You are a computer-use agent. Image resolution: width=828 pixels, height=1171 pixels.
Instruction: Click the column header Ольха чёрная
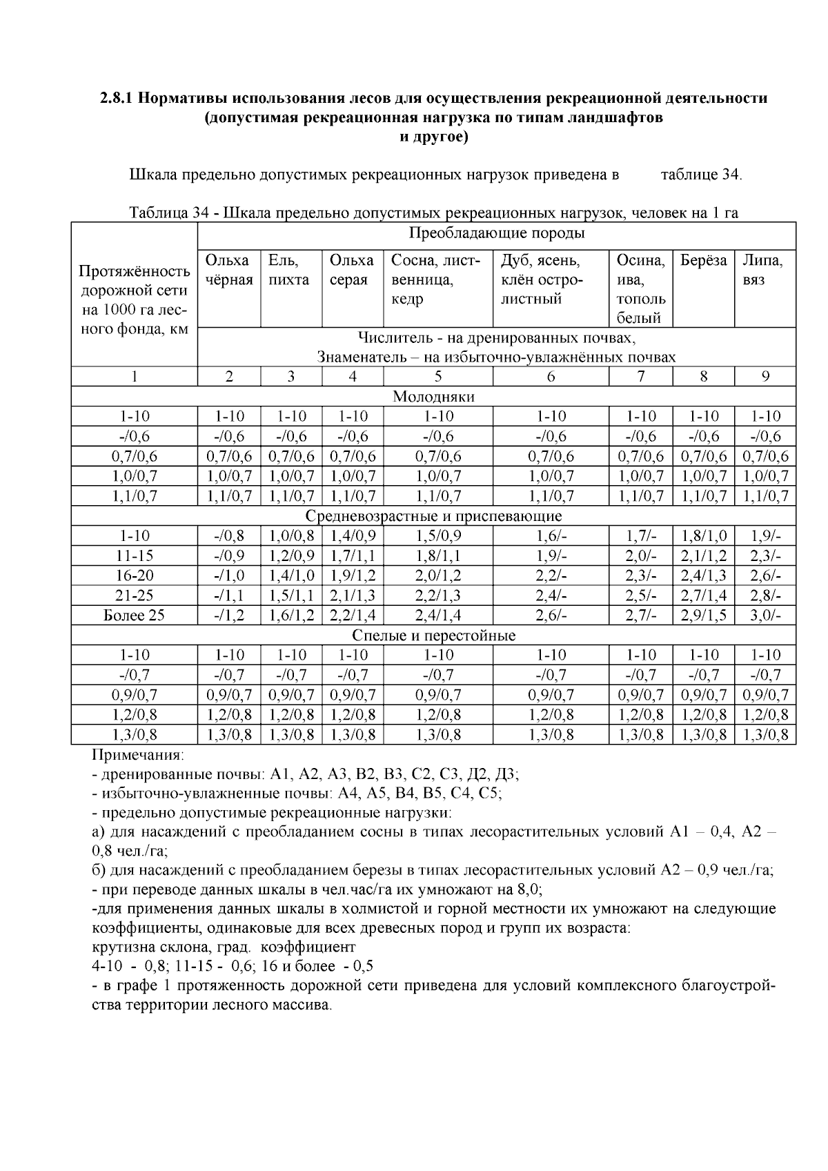228,270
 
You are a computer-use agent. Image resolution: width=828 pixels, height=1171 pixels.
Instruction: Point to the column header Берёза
703,261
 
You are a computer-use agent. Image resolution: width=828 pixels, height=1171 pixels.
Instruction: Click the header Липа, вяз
765,270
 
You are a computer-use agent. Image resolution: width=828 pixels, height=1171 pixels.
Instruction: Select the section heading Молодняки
433,397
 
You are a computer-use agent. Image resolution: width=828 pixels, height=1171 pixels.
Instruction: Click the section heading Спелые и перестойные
433,636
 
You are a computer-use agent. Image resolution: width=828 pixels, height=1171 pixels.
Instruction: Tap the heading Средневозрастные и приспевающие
433,516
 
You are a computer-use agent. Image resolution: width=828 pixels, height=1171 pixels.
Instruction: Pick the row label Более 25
134,616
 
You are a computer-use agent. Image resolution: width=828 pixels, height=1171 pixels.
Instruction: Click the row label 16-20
134,575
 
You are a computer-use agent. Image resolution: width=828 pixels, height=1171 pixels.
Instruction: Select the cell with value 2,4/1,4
438,616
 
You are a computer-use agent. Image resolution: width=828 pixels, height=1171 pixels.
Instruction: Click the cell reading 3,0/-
765,616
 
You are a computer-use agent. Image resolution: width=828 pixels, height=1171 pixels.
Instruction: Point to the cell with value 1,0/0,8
291,536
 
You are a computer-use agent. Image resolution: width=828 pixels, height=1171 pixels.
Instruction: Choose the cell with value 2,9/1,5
703,616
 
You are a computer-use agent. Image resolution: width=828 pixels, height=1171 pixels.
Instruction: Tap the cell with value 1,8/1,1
438,555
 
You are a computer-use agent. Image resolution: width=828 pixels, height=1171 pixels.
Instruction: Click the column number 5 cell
438,377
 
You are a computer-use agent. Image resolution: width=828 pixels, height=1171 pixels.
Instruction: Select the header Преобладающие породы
497,233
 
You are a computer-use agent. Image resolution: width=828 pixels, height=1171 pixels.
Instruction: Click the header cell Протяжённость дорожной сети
134,299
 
